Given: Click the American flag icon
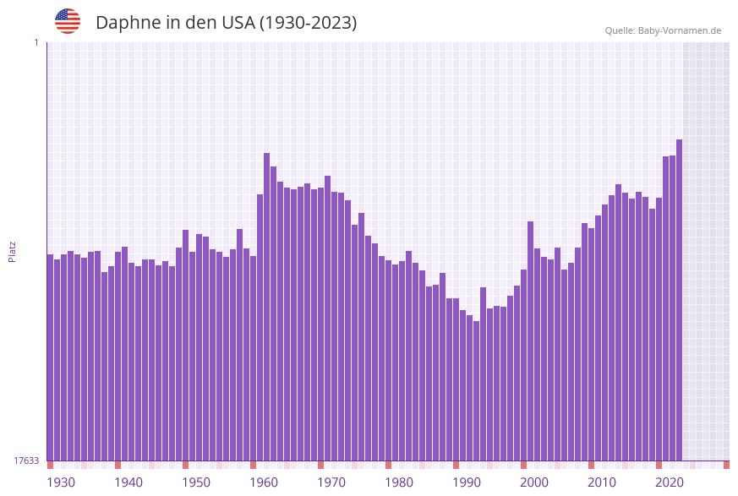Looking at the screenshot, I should tap(68, 21).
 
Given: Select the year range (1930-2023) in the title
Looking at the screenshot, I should tap(308, 23).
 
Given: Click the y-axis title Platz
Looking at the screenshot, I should tap(13, 251).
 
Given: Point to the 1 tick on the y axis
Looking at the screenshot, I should tap(36, 42).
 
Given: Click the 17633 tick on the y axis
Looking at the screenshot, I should tap(26, 461).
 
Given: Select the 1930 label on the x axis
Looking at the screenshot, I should tap(60, 482).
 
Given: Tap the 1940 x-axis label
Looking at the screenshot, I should tap(128, 482).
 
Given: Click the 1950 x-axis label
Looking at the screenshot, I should tap(195, 482).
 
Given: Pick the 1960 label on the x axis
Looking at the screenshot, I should tap(264, 482).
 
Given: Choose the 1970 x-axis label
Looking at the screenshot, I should tap(331, 482).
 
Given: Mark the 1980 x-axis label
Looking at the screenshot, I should tap(399, 482).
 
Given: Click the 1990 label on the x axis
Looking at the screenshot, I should tap(467, 482).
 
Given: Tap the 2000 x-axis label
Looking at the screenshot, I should tap(534, 482).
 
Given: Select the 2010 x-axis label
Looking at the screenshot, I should tap(602, 482).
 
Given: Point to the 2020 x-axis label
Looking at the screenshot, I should tap(670, 482).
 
